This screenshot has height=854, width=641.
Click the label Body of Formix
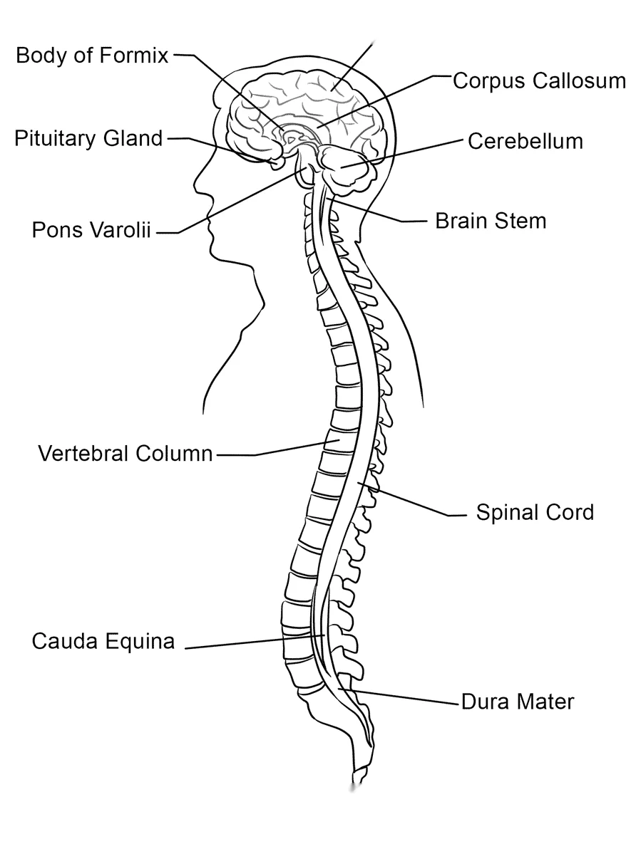tap(92, 56)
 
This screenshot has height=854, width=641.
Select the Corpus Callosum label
tap(540, 80)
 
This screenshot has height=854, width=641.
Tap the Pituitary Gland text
tap(88, 139)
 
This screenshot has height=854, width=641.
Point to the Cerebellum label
tap(525, 141)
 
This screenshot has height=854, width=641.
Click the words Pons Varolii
tap(91, 230)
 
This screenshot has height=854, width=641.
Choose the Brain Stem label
tap(491, 221)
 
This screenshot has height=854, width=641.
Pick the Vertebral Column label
tap(125, 453)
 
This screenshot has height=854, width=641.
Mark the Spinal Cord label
tap(535, 513)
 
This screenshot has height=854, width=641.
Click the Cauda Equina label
tap(103, 641)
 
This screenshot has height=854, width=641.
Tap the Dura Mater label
tap(517, 702)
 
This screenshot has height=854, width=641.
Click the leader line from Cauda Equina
tap(255, 642)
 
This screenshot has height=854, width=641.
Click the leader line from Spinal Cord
tap(412, 499)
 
